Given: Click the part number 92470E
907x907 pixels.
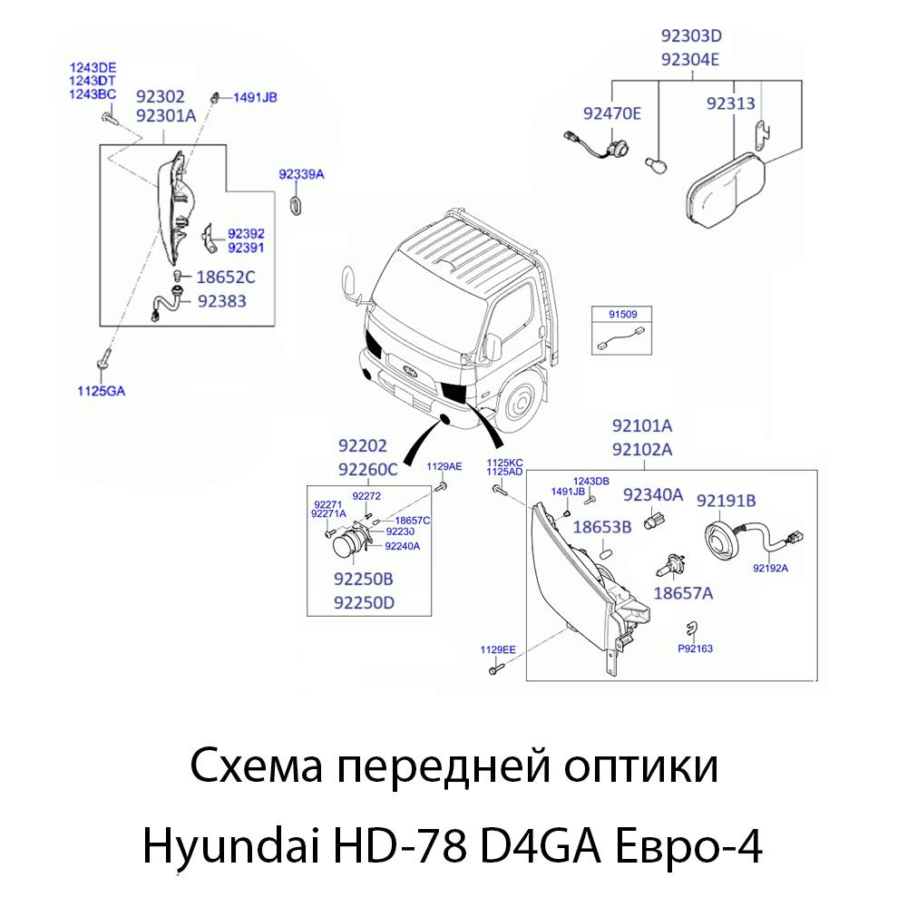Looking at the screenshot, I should pos(611,113).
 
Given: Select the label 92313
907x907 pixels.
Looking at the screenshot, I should pos(730,104).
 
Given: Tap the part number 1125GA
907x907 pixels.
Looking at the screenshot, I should pos(100,391).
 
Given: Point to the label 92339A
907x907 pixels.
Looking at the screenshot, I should pos(301,172).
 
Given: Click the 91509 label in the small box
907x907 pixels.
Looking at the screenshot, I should pos(622,315).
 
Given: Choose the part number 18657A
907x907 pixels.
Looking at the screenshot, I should pos(683,593).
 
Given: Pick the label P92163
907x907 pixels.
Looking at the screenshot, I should pos(695,649).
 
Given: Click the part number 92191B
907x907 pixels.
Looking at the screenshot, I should pos(726,500).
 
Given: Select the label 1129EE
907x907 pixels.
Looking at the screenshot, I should pos(498,650).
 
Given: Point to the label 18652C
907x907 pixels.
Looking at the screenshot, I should pos(225,278).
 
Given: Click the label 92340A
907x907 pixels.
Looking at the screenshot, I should pos(652,495).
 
